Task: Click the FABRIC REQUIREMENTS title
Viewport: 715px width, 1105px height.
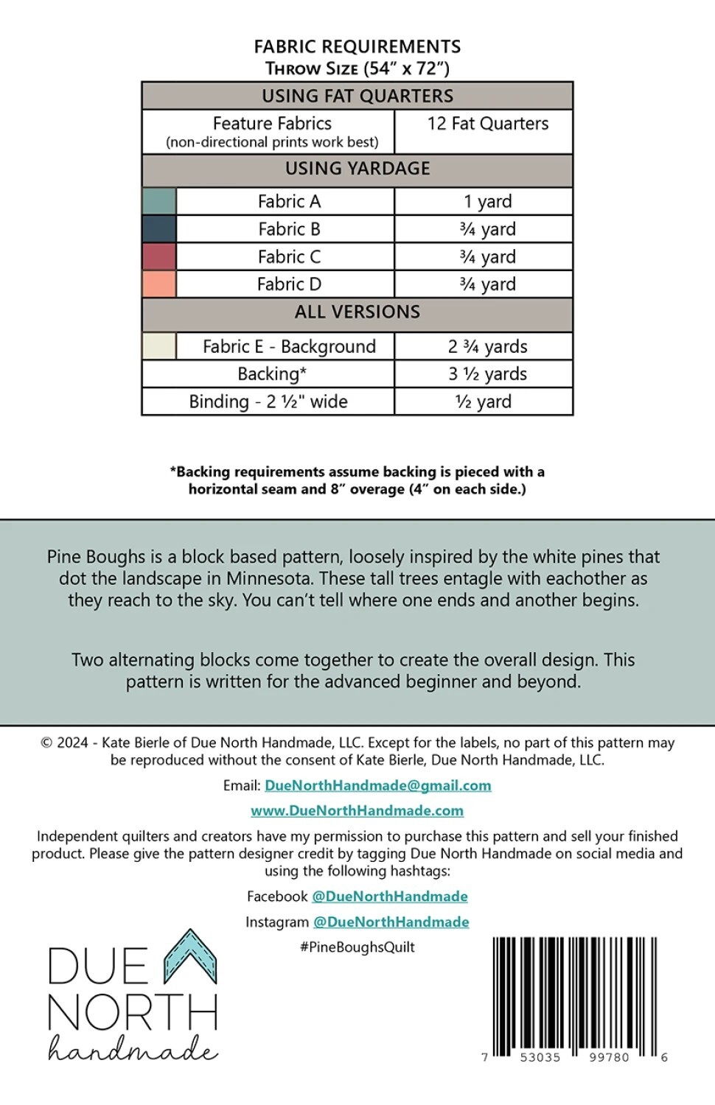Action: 357,47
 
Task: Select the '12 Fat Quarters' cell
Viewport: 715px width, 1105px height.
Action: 487,124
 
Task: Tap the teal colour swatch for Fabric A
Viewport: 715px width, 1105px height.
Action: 158,201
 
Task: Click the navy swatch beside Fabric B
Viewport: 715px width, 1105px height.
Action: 158,229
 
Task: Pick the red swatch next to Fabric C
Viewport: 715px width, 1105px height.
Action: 158,257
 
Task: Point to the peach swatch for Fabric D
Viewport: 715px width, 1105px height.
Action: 158,284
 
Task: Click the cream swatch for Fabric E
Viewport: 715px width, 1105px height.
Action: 158,346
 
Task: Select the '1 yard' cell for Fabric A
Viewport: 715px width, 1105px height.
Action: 487,201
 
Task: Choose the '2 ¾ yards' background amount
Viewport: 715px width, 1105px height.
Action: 487,346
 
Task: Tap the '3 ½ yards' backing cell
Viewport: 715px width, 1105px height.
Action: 487,374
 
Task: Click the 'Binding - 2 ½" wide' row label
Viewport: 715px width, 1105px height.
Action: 268,401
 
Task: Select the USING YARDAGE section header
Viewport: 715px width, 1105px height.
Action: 357,169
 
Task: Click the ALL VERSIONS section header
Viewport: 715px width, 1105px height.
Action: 357,312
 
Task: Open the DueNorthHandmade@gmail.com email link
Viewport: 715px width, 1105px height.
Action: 377,785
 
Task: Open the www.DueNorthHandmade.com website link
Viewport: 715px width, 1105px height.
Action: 357,810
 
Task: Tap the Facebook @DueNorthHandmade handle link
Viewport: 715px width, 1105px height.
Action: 389,897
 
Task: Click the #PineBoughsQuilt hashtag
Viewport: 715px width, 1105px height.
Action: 357,947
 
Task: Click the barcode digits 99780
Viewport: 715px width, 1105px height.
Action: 609,1057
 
